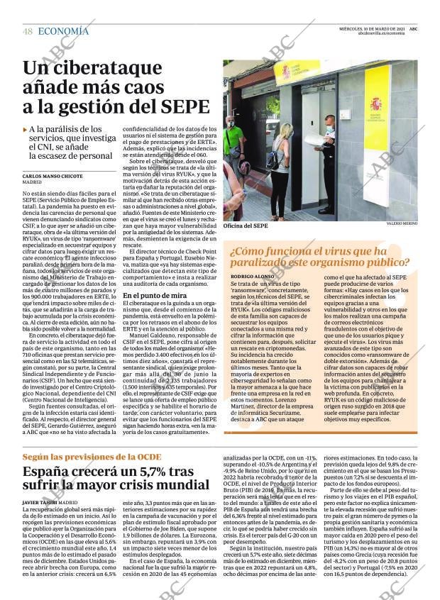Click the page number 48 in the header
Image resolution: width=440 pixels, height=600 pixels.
[x=27, y=31]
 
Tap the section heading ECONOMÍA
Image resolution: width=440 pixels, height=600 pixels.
[x=63, y=31]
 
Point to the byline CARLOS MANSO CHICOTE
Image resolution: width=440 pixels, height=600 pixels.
[x=53, y=175]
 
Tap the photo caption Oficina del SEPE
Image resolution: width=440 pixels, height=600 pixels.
[x=246, y=226]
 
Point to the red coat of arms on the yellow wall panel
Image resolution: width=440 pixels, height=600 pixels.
[x=375, y=104]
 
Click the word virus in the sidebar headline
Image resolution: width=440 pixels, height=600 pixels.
[x=346, y=251]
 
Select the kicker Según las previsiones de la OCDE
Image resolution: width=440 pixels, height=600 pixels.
[x=89, y=457]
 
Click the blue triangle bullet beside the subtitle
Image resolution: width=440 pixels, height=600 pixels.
[x=26, y=130]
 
